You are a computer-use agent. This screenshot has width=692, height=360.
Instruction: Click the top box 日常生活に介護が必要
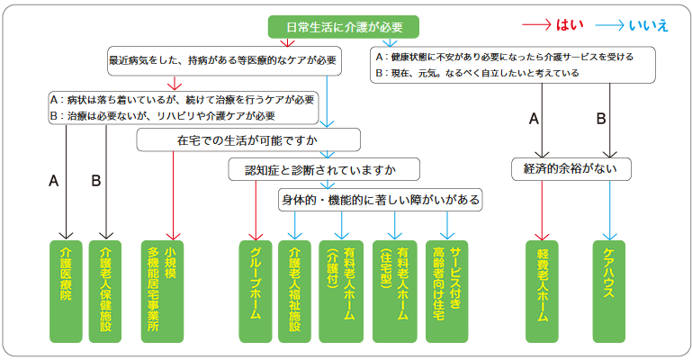[345, 26]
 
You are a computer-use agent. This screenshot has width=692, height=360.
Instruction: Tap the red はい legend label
[571, 25]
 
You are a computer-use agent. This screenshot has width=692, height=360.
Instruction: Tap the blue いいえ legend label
[652, 25]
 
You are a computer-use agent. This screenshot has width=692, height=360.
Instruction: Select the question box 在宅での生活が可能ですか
[249, 140]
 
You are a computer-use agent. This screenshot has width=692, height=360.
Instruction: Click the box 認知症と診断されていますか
[312, 169]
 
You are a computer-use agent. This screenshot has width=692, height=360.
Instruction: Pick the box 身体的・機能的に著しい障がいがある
[380, 199]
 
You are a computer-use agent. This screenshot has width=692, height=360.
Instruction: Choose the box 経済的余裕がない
[571, 169]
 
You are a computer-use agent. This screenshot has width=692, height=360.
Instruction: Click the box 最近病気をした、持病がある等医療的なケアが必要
[221, 60]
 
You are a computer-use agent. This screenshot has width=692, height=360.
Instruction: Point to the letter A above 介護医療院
[54, 182]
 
